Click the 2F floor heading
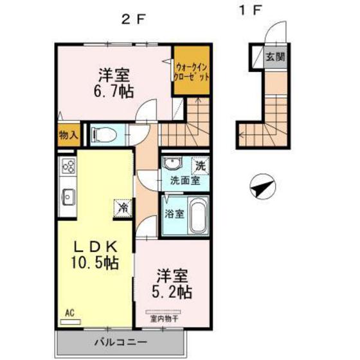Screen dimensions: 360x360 coord(134,18)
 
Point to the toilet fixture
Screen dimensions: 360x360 coord(102,135)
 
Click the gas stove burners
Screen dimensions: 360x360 coord(69,167)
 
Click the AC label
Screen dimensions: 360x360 coord(69,313)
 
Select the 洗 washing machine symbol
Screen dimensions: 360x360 coord(201,165)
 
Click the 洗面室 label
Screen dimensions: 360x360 coord(184,181)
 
